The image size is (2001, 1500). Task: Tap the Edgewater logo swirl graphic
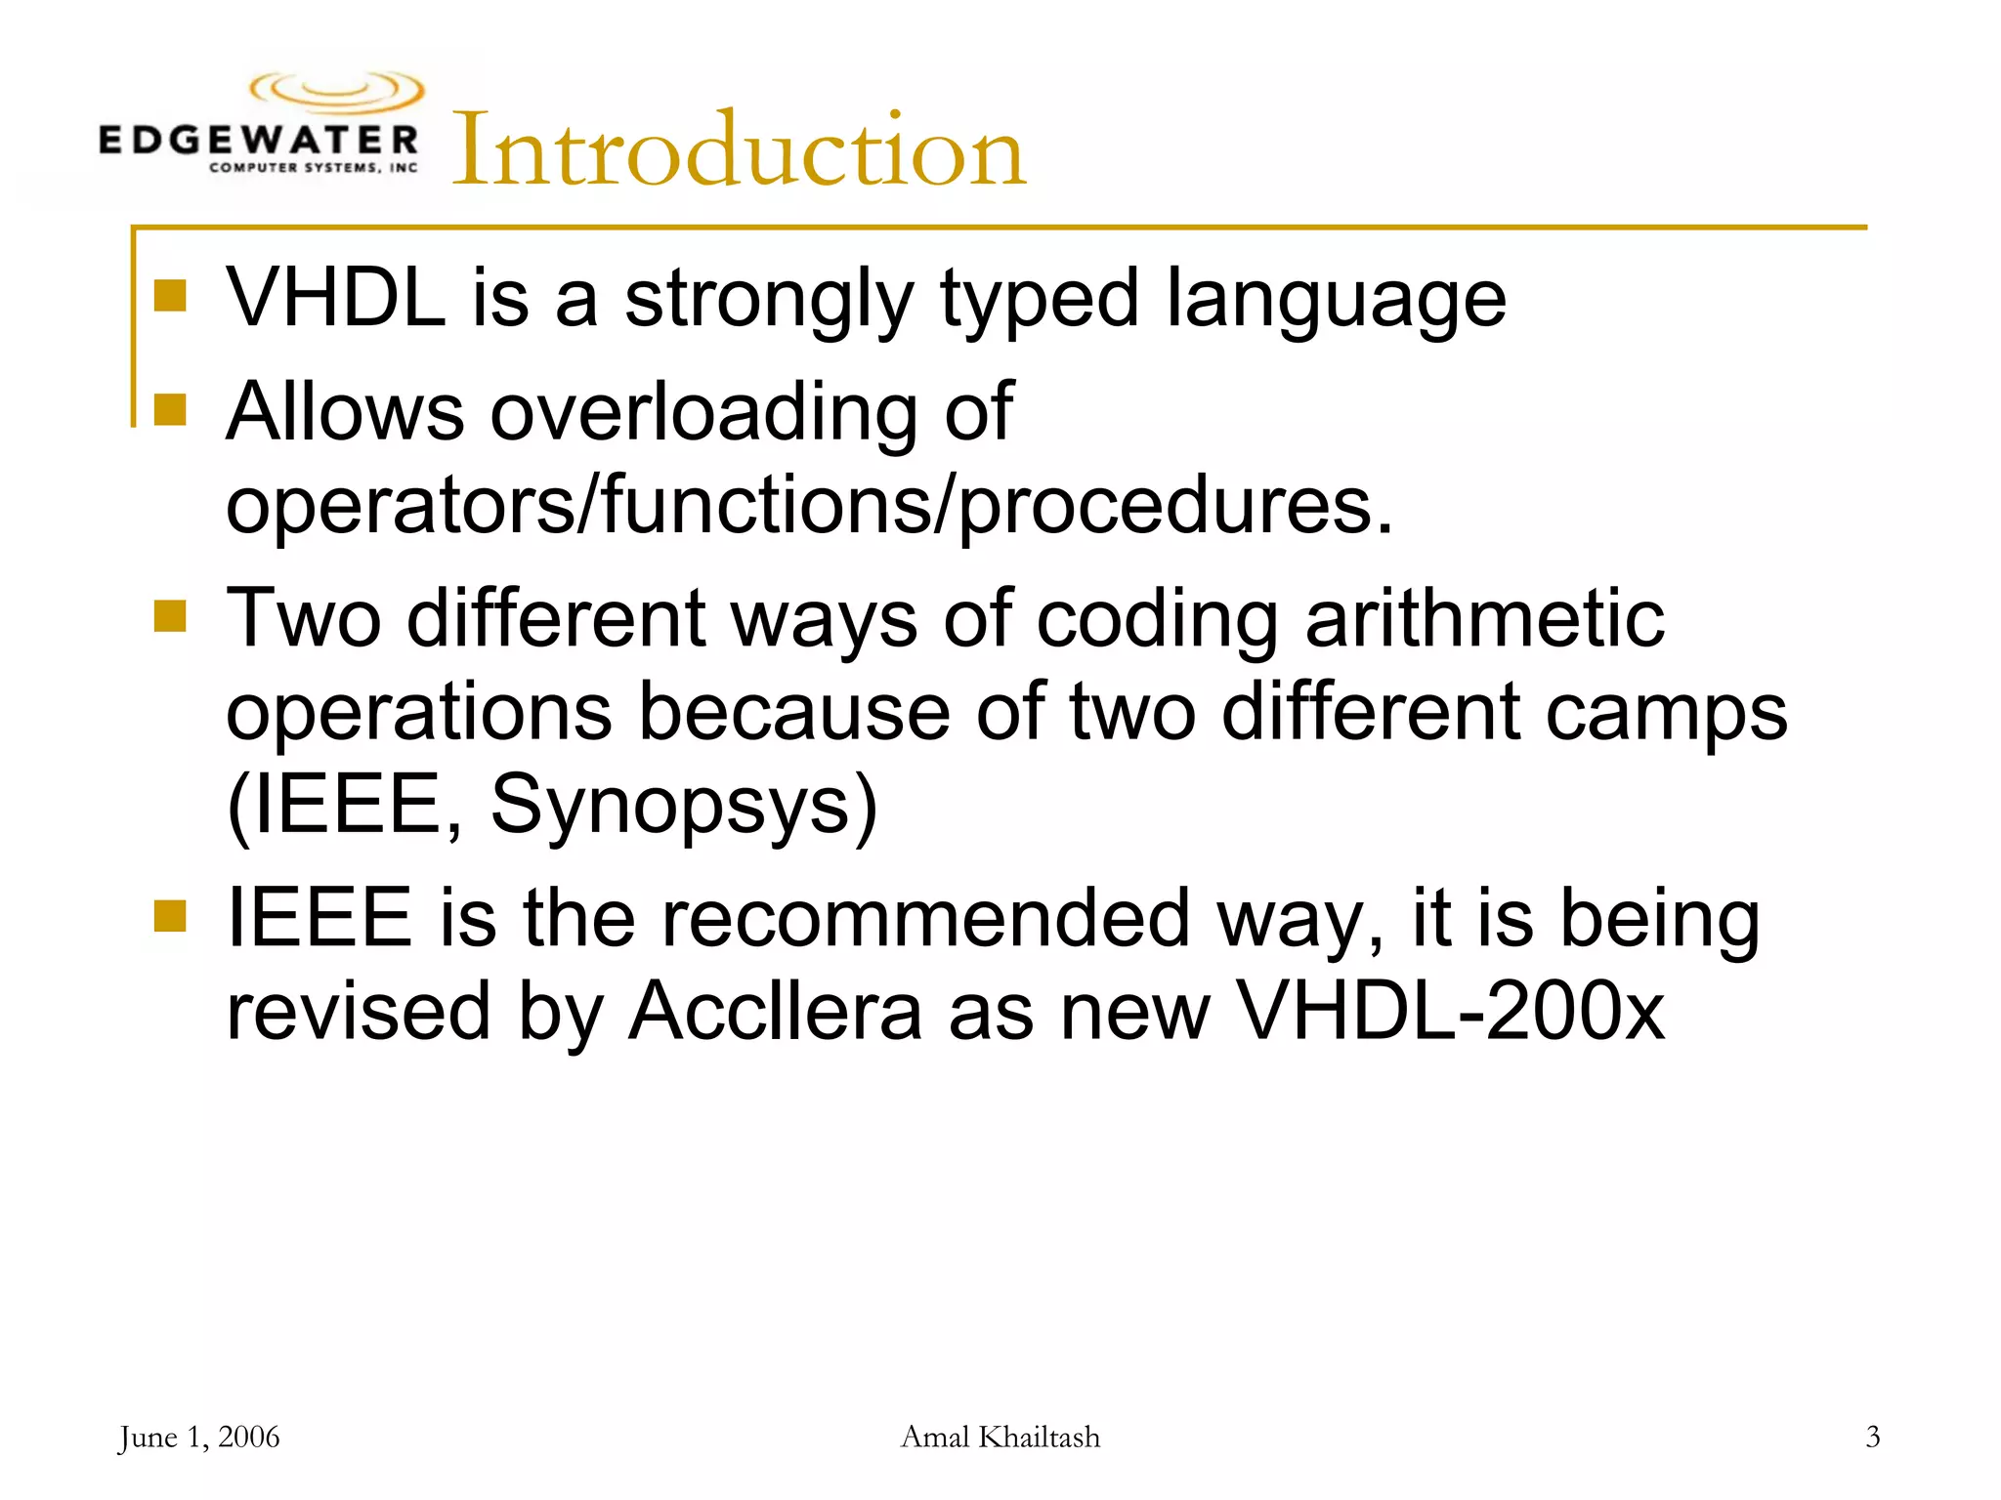point(337,92)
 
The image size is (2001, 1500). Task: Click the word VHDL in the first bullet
point(336,297)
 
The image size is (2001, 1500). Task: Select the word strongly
point(769,299)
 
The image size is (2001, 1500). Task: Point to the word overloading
point(703,412)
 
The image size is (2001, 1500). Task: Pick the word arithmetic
point(1484,618)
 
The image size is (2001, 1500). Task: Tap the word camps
point(1666,713)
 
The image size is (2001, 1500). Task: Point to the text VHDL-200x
point(1451,1011)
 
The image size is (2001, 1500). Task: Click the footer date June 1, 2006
point(199,1437)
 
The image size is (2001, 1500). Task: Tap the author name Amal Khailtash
point(1000,1437)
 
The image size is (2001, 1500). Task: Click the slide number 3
point(1872,1437)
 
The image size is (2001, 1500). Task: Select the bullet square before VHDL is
point(170,296)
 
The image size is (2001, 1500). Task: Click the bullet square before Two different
point(170,617)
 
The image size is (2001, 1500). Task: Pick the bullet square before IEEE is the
point(170,917)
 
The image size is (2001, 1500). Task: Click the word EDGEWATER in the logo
point(258,141)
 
